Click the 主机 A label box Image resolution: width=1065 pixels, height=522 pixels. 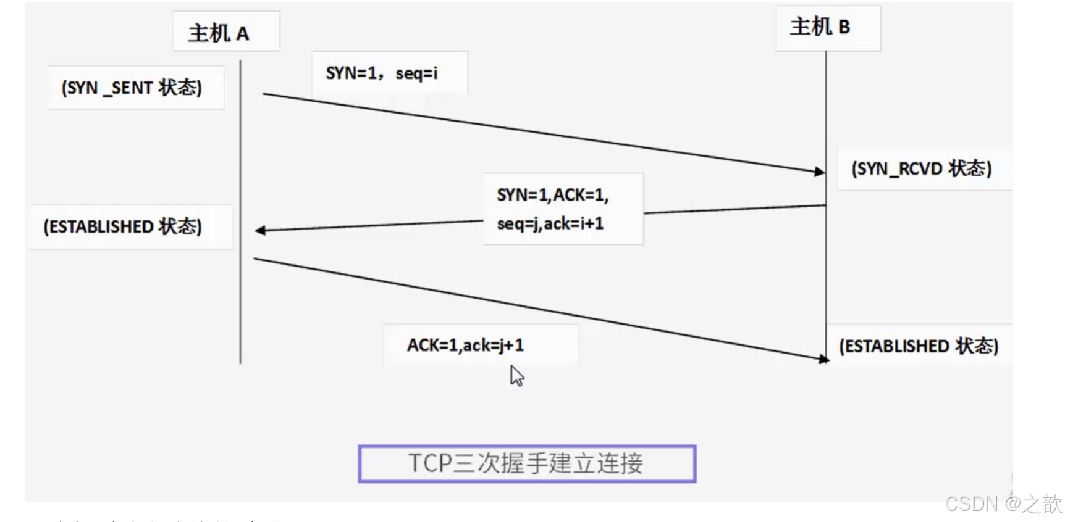[225, 31]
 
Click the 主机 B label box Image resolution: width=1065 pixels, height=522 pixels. [827, 28]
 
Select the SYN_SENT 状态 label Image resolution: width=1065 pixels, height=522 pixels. [132, 88]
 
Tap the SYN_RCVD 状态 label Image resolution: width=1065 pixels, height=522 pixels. [921, 168]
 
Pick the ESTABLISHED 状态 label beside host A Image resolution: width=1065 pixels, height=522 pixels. [122, 226]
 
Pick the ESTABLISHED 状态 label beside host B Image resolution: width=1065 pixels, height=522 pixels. [918, 346]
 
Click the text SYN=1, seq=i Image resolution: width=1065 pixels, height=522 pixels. [382, 73]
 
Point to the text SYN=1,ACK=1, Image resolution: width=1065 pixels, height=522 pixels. [552, 195]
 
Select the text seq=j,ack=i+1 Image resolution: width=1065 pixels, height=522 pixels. [550, 223]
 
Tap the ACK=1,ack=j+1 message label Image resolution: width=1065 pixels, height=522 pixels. [465, 345]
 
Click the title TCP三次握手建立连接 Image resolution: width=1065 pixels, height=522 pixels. [526, 463]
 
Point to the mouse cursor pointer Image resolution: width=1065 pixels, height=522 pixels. [516, 375]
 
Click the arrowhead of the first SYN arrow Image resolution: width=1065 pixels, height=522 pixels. [820, 172]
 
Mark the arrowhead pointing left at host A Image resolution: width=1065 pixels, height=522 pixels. [260, 230]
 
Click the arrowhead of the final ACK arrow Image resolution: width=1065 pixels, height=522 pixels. [823, 358]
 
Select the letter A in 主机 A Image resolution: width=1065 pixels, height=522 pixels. [243, 34]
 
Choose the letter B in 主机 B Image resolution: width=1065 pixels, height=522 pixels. [844, 28]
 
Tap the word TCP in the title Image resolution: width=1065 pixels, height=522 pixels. [430, 463]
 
